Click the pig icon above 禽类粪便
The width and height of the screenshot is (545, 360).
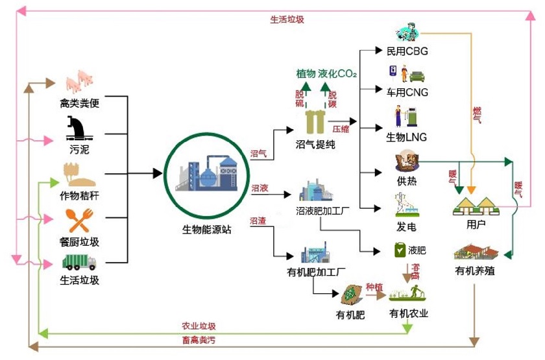click(80, 81)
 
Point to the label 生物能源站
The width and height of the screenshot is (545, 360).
click(206, 229)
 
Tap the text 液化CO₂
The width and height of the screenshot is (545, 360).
click(337, 74)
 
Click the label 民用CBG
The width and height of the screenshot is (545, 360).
click(407, 51)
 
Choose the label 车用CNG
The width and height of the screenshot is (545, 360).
click(407, 93)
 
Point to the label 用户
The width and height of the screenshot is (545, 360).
click(476, 225)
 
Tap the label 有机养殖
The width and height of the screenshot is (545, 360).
click(475, 270)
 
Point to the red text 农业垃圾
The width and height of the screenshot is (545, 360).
click(199, 326)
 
